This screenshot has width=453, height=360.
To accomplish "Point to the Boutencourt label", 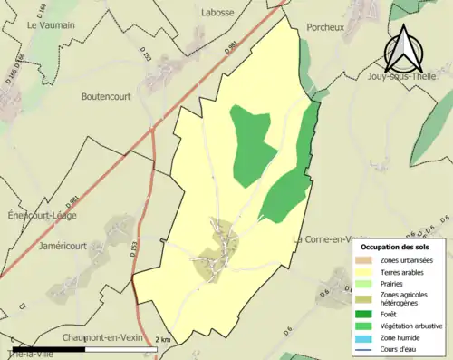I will tap(107, 96).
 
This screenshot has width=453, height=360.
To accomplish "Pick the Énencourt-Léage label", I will tap(42, 216).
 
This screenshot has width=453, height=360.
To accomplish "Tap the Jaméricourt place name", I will tap(63, 244).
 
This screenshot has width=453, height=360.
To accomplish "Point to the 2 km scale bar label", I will tap(163, 339).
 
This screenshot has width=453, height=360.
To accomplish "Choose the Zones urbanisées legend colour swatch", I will tap(366, 260).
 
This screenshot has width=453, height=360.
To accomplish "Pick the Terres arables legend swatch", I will tap(366, 271).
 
